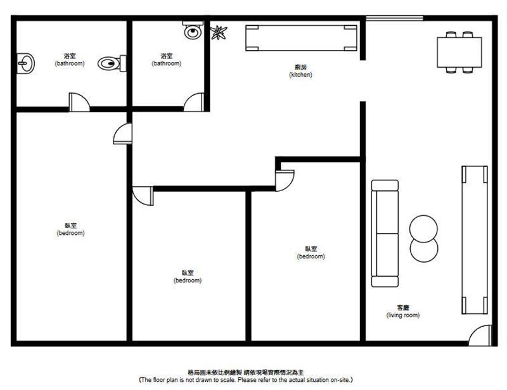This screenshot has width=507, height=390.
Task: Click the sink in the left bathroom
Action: coord(25,63)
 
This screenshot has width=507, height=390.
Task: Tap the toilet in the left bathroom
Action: coord(112,63)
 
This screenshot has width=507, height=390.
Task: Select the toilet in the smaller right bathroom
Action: coord(193,30)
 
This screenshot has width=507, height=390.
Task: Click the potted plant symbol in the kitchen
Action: coord(219,33)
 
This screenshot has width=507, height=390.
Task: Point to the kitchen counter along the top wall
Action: coord(301,38)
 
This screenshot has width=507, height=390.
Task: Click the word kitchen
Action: coord(300,75)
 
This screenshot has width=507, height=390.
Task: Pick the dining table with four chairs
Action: coord(459,52)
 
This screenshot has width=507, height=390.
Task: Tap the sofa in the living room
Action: coord(385,233)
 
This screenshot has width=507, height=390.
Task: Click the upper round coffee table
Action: coord(423,229)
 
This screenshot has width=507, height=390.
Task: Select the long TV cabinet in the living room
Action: coord(474,240)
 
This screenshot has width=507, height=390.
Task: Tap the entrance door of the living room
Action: coord(480,336)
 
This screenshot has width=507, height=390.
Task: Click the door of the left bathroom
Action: coord(79,102)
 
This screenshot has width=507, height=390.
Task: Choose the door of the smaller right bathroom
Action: coord(194,102)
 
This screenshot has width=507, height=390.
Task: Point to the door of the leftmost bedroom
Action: coord(122,134)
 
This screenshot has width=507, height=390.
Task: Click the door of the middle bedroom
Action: coord(143,196)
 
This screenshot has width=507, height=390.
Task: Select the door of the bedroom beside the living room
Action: coord(285,180)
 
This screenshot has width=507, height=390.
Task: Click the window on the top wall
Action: coord(394,18)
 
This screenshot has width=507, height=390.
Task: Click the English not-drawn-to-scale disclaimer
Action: coord(246,380)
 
